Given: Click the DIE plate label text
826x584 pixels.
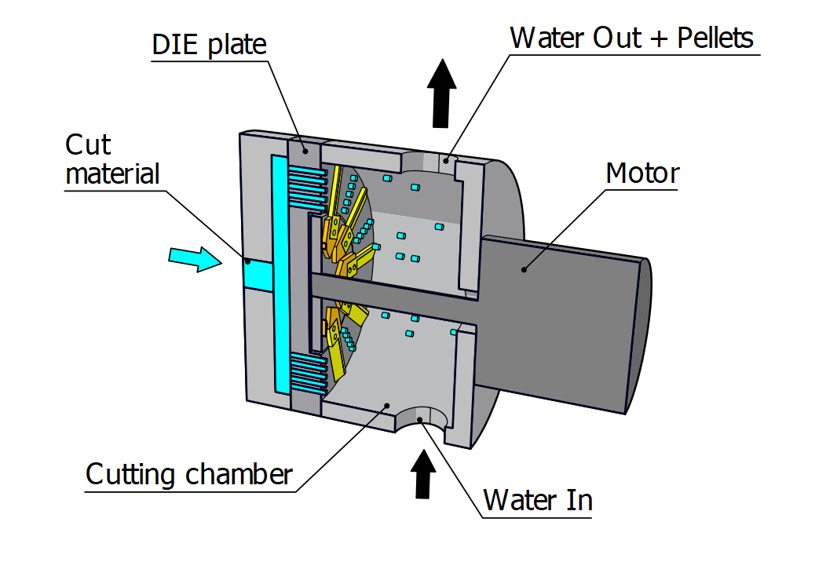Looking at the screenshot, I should pos(209,44).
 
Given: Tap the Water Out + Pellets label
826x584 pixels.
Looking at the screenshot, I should pos(631,38).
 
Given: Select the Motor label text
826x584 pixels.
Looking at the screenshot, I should pos(641,173).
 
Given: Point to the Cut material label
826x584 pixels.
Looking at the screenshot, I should pos(111,159).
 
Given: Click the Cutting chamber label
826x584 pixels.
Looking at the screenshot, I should pos(188,475).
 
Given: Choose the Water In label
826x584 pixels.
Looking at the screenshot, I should pos(537,500).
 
